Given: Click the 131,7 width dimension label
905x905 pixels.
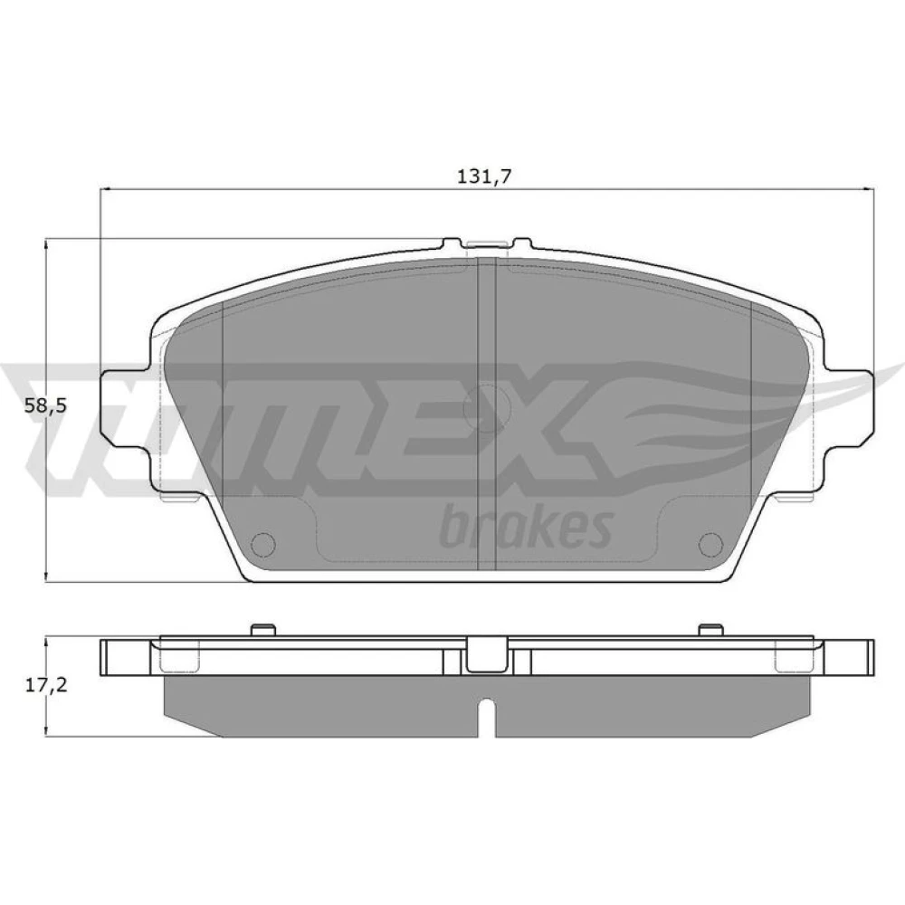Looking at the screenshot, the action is tap(485, 176).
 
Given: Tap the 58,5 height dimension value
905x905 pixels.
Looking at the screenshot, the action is tap(45, 405).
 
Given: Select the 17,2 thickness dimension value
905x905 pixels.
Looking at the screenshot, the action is tap(46, 685).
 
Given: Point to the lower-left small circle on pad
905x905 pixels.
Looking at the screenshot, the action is tap(264, 544).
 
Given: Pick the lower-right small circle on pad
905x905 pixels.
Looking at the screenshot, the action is tap(710, 544).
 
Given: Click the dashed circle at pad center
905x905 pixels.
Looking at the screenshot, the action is tap(487, 408).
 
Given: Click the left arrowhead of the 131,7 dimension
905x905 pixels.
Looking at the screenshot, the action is tap(105, 189).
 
